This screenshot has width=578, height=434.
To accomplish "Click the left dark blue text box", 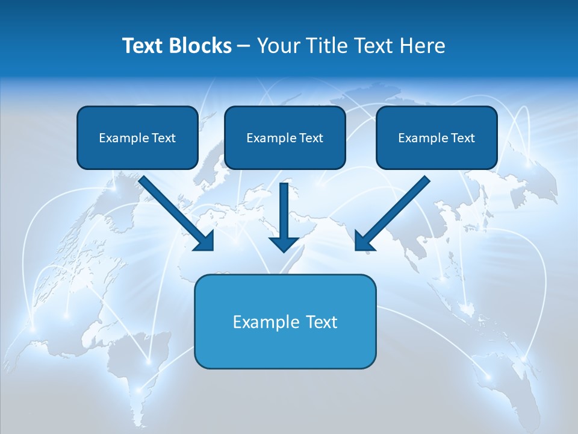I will [x=137, y=137].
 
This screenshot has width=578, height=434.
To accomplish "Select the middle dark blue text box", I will [x=285, y=137].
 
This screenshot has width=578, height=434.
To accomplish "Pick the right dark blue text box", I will [x=437, y=137].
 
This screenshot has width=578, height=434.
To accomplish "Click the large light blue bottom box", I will [x=285, y=321].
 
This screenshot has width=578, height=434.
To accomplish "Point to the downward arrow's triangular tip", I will [x=284, y=244].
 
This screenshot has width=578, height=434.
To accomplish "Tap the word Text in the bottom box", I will [x=322, y=322].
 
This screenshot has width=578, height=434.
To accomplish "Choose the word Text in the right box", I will [x=463, y=138].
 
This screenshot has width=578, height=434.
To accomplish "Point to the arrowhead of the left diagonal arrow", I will [x=205, y=241].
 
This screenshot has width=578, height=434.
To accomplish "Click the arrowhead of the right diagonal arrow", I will [x=364, y=241].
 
